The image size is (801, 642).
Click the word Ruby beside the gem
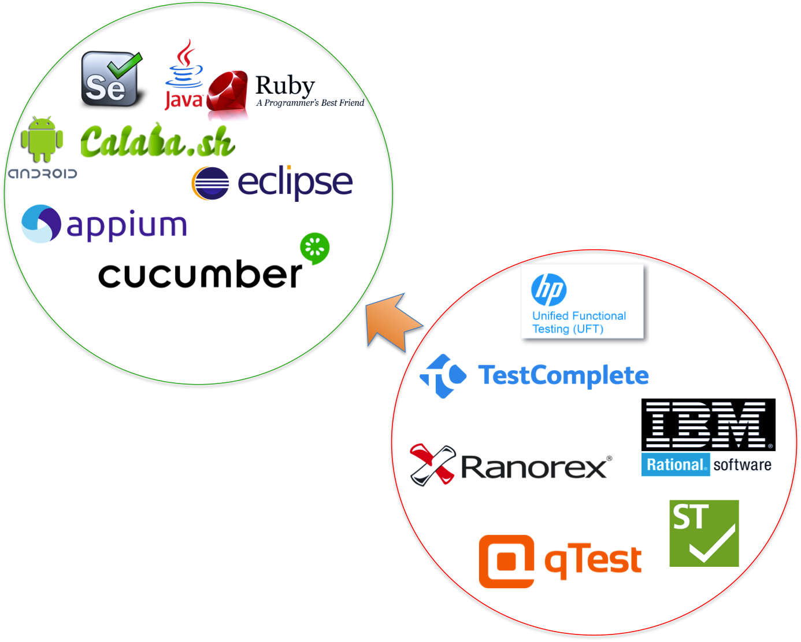[285, 85]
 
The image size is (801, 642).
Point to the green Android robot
[43, 139]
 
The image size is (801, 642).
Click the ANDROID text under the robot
[42, 174]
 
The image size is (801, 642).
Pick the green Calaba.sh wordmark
[157, 142]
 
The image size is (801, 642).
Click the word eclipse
[295, 182]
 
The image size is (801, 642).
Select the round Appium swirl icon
[41, 224]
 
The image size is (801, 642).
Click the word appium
[127, 225]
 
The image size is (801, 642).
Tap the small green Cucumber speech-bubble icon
[315, 248]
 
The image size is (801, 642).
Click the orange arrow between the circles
[392, 322]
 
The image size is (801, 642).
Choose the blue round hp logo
[548, 290]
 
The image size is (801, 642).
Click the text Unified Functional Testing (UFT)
[578, 322]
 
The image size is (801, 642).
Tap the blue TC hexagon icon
[443, 376]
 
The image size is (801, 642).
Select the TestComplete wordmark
[563, 375]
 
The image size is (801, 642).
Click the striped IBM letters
[706, 425]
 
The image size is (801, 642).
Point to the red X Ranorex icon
[432, 464]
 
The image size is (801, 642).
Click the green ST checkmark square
[704, 533]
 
